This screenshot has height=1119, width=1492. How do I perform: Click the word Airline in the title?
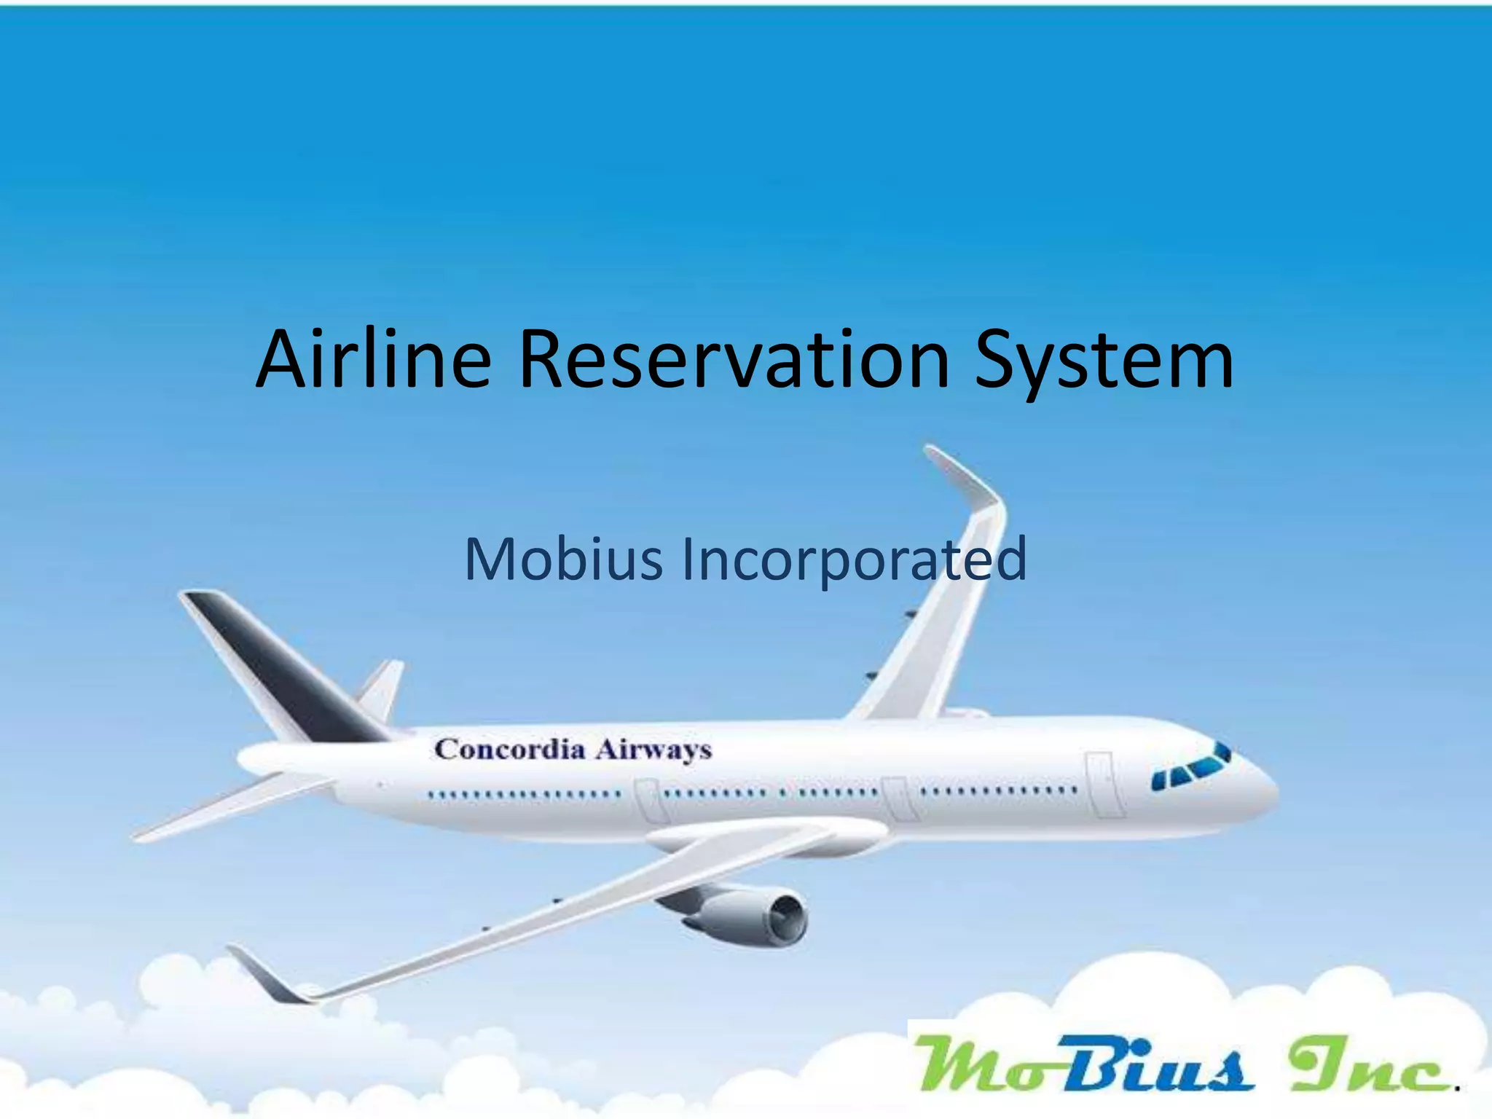click(373, 360)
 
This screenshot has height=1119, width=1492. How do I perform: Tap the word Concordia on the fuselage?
click(509, 749)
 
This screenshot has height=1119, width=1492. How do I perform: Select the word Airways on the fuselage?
click(653, 750)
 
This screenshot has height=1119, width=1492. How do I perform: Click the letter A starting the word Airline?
click(286, 360)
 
